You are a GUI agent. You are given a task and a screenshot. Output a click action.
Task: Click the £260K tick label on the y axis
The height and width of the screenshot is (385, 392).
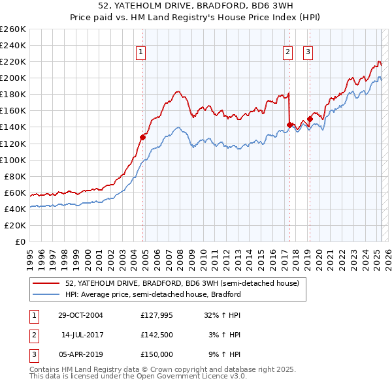click(x=12, y=29)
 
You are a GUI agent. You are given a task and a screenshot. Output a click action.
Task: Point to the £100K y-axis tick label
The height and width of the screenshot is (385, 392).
click(x=12, y=160)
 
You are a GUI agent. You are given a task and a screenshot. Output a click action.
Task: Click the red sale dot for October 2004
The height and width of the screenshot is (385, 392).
click(x=142, y=137)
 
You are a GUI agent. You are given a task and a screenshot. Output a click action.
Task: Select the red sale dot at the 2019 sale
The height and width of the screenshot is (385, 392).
click(x=310, y=119)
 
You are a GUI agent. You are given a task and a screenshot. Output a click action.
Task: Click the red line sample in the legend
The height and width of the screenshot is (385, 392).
click(x=47, y=284)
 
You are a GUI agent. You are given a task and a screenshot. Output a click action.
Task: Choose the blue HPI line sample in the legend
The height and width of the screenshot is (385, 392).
click(x=47, y=294)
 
